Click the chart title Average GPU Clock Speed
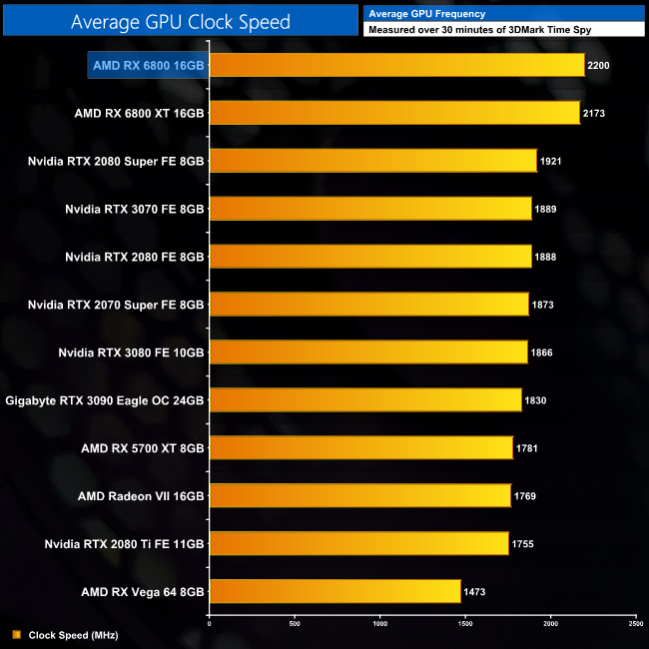pos(181,21)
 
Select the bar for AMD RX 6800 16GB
pos(396,65)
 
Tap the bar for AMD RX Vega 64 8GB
pos(335,591)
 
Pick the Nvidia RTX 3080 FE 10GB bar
pos(368,352)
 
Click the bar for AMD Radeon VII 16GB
pos(360,495)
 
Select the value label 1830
pos(536,400)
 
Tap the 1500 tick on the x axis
pos(465,624)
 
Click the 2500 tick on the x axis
pos(635,624)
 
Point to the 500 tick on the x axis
pos(295,624)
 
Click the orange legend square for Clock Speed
pos(16,634)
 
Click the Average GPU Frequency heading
pos(427,14)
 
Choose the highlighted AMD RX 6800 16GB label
pos(148,65)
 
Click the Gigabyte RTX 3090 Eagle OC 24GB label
pos(105,400)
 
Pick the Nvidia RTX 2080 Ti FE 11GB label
pos(125,543)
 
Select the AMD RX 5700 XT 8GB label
pos(143,448)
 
